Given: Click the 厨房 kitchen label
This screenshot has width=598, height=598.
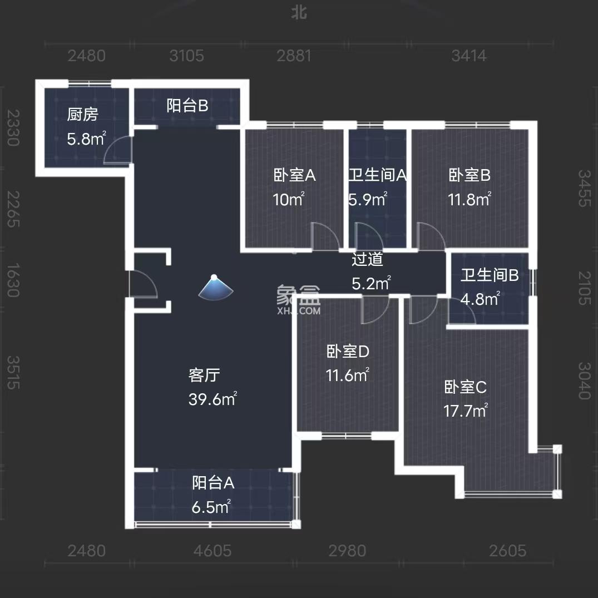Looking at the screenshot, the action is coord(82,115).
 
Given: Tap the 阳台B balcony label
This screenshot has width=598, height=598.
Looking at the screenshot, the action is coord(187,106).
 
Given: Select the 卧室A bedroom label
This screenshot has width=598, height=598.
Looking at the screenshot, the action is coord(294,176).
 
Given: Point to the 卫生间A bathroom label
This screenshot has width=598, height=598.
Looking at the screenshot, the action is coord(378,176).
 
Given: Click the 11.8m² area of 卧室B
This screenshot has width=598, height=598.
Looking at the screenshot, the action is coord(469,199).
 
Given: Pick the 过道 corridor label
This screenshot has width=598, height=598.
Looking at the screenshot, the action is coord(368,259).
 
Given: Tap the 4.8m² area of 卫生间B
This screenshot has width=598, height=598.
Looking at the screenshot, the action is coord(480,299).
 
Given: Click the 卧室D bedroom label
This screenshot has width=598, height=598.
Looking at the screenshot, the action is coord(348,352).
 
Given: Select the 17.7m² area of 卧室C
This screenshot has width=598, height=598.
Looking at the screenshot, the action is coord(466,411).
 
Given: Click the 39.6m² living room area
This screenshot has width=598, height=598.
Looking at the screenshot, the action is coord(212,399).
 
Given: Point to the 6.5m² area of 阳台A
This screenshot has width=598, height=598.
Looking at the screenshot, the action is coord(211,507).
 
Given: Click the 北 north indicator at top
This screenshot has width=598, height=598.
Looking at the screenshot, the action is coord(299,13).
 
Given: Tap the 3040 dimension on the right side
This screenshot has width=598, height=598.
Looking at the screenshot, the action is coord(584,380).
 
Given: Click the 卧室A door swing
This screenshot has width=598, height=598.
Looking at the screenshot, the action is coord(325,236).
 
